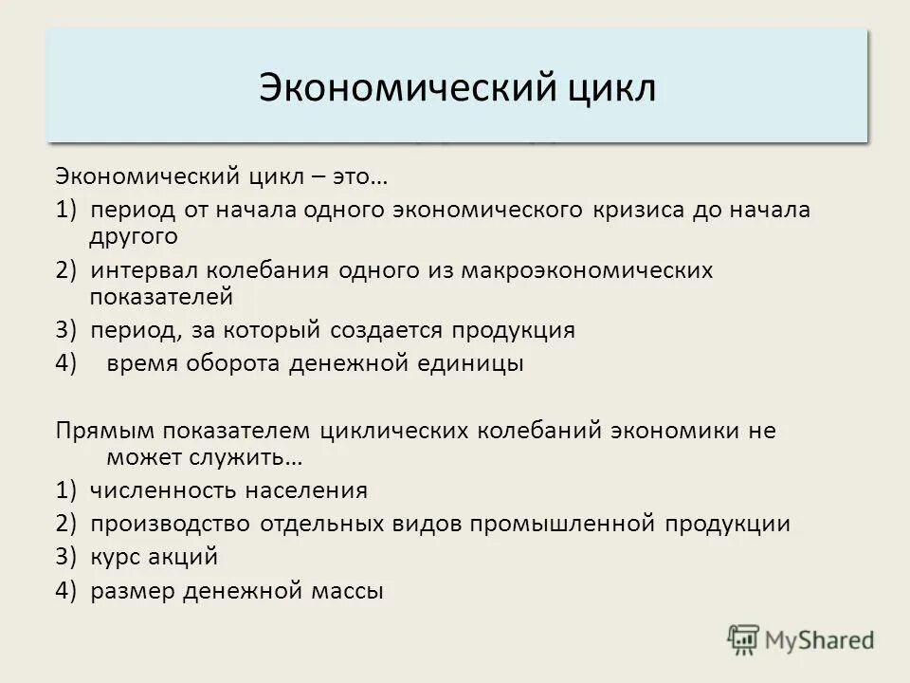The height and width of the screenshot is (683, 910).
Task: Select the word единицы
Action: click(x=472, y=362)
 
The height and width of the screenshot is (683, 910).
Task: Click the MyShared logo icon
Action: click(x=744, y=640)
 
